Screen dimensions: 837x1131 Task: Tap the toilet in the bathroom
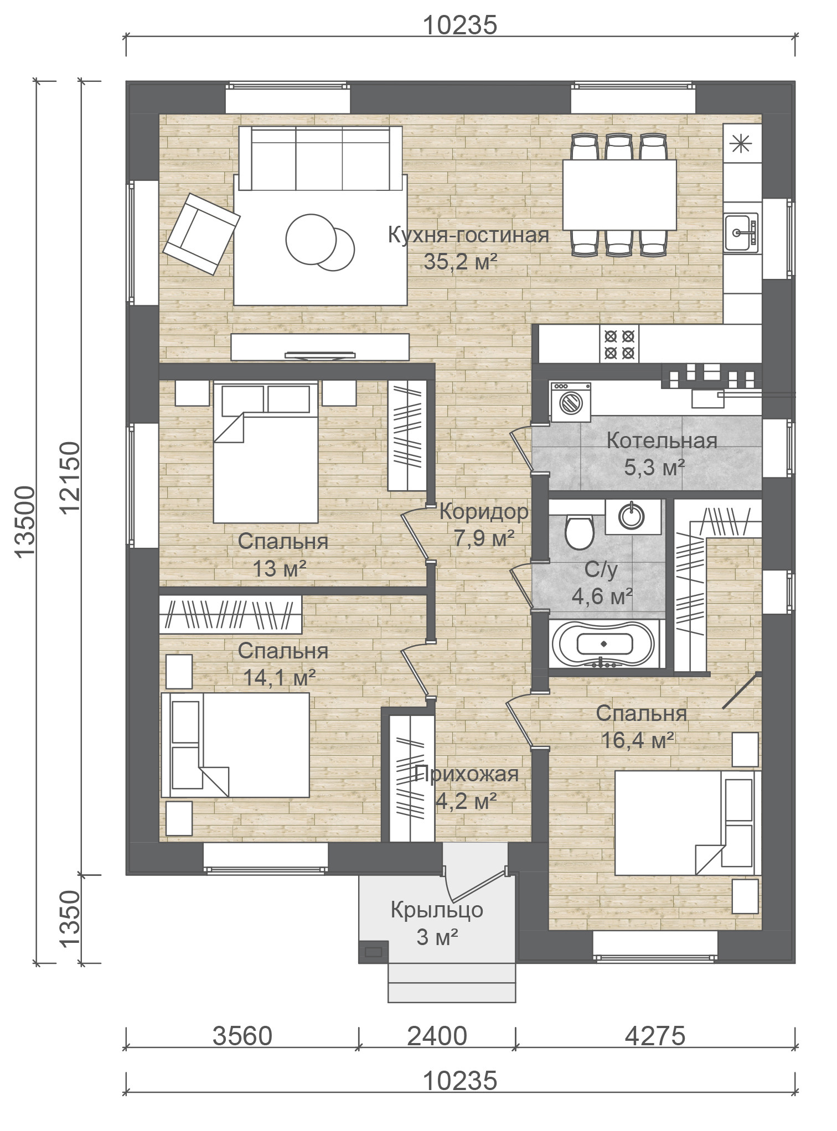tap(579, 532)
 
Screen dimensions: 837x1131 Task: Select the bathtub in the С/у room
tap(607, 644)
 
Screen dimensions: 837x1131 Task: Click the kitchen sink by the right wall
tap(741, 233)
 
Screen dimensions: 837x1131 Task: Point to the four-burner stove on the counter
tap(619, 344)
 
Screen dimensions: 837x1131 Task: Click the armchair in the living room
tap(201, 234)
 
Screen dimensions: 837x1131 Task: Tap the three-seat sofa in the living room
tap(320, 158)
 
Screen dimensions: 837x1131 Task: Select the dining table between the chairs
tap(619, 195)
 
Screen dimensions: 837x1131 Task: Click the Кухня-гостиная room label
tap(468, 235)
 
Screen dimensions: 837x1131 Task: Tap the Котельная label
tap(662, 441)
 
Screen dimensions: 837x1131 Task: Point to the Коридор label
tap(484, 512)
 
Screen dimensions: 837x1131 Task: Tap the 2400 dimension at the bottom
tap(437, 1036)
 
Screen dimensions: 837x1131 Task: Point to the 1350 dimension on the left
tap(70, 919)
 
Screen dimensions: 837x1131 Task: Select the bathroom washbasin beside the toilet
tap(633, 516)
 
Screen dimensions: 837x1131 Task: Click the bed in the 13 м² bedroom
tap(266, 452)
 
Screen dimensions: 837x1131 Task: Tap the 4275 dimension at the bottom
tap(655, 1036)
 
